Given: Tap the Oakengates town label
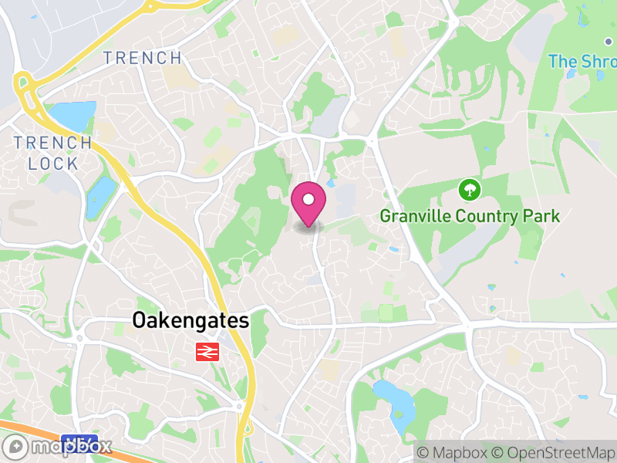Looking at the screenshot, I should coord(190,321).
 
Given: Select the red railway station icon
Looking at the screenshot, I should coord(207,352).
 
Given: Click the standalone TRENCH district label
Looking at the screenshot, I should coord(143,58).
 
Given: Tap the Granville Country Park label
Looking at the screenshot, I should coord(470,216).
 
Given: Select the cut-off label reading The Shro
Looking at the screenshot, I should coord(582,61).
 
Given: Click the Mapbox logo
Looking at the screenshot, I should coord(59,446).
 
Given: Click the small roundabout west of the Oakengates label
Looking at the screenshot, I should coord(79,336).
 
